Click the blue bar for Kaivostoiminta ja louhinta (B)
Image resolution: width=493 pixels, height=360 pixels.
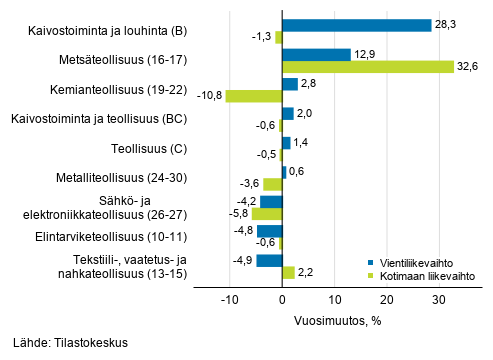(x=356, y=25)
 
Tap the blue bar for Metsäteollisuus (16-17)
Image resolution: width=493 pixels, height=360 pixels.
(x=316, y=54)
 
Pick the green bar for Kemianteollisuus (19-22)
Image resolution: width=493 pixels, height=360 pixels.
(x=254, y=96)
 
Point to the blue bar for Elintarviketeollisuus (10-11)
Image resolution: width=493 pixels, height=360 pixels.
(x=270, y=230)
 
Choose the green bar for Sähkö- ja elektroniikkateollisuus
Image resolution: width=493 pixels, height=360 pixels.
(x=267, y=213)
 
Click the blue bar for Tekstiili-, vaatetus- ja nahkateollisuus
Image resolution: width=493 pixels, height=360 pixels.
(x=270, y=260)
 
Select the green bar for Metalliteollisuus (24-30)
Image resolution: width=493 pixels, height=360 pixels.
(x=273, y=184)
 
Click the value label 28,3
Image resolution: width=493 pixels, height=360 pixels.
(x=446, y=25)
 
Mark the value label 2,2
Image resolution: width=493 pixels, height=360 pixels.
(x=306, y=272)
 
